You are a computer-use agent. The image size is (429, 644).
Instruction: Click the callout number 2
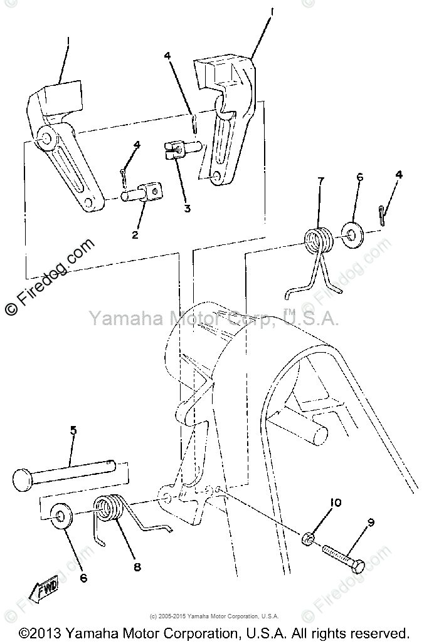(x=135, y=235)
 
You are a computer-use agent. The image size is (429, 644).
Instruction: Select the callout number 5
(x=73, y=430)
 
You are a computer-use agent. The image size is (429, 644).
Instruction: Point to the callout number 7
(x=320, y=181)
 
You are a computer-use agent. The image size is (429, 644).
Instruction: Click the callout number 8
(x=137, y=567)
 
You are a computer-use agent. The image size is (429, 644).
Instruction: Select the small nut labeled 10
(x=307, y=538)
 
